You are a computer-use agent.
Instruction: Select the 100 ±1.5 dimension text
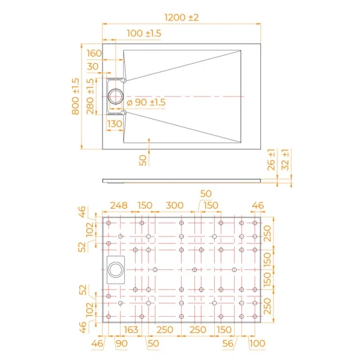click(x=144, y=34)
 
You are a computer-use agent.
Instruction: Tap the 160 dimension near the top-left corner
click(x=94, y=53)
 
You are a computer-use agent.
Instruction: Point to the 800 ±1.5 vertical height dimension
click(x=76, y=96)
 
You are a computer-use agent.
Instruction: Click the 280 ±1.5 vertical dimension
click(x=91, y=96)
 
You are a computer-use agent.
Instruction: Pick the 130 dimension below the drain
click(x=115, y=124)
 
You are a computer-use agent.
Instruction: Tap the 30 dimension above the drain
click(x=92, y=67)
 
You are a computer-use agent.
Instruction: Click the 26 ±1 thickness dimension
click(x=272, y=160)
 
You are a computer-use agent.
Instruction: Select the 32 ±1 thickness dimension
click(x=286, y=160)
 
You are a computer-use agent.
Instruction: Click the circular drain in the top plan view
click(x=115, y=95)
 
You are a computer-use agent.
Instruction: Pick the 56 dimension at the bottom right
click(x=227, y=343)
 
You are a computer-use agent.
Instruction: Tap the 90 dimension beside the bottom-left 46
click(x=121, y=343)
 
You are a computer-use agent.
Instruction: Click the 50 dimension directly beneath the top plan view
click(x=142, y=160)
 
